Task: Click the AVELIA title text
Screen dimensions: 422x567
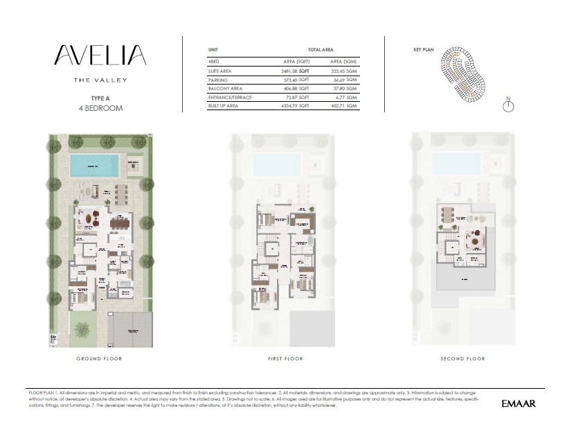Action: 100,55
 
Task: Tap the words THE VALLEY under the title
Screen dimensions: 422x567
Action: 100,80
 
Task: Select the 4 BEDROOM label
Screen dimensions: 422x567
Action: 100,109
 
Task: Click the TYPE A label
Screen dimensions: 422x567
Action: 100,99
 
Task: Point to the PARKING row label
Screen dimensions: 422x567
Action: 218,80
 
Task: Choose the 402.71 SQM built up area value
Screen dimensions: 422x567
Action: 343,106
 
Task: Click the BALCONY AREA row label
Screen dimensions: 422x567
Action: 225,89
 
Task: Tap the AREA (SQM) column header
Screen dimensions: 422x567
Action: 343,62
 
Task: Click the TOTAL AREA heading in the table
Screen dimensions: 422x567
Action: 322,51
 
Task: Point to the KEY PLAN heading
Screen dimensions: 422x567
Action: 422,51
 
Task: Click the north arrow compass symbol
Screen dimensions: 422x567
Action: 508,105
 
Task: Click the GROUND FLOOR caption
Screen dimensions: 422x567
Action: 100,359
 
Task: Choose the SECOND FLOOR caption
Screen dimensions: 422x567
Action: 462,359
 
